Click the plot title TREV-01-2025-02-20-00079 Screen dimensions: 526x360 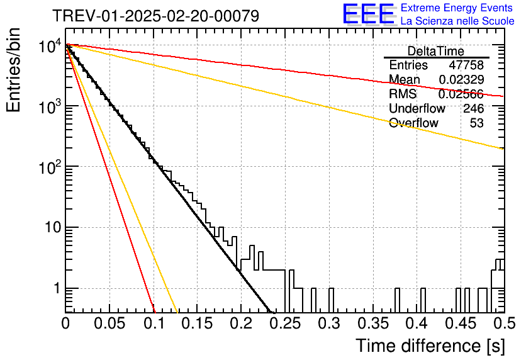(156, 16)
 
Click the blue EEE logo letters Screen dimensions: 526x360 (369, 14)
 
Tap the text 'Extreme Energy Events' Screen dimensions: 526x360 (457, 8)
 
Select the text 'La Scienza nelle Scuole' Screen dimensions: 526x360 (457, 21)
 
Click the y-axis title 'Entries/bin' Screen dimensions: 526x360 (14, 70)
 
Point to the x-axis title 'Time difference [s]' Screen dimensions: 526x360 (430, 346)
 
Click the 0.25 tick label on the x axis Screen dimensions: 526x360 (286, 323)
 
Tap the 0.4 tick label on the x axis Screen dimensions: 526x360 (418, 323)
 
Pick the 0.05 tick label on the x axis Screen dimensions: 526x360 (109, 323)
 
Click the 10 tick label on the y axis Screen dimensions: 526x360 (53, 227)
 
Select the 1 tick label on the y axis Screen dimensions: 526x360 (57, 288)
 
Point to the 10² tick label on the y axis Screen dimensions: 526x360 (50, 166)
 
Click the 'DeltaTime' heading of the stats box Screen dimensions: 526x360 (436, 51)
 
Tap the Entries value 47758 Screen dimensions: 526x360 (466, 65)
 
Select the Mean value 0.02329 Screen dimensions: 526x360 (462, 79)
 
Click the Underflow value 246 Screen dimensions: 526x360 (474, 108)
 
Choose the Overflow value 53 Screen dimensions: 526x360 (477, 123)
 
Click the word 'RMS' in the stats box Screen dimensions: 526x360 (403, 94)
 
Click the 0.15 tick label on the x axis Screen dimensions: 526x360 (198, 323)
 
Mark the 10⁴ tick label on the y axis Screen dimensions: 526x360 (50, 46)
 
